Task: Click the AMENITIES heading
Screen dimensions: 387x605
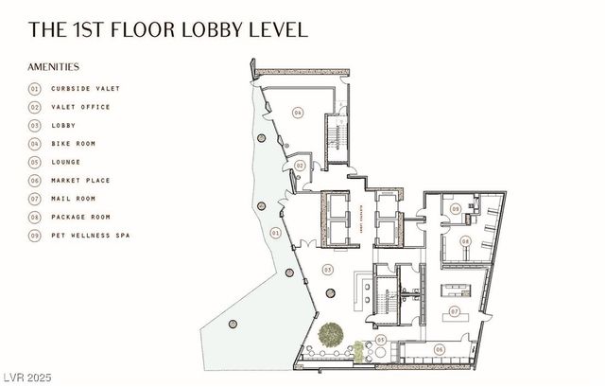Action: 54,67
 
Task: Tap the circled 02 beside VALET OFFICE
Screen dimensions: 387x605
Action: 35,107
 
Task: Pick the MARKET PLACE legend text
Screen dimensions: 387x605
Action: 82,180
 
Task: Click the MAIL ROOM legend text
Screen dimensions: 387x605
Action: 75,199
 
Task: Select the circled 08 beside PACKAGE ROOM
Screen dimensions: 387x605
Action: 35,217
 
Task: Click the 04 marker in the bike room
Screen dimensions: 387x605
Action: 297,113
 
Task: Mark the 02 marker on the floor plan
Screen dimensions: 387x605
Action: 299,166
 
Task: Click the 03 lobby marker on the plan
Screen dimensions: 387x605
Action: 328,270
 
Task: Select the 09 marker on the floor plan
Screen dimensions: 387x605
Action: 455,208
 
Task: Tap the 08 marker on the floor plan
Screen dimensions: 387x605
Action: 465,242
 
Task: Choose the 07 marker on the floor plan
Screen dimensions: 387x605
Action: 454,310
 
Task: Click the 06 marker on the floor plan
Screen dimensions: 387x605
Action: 440,349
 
